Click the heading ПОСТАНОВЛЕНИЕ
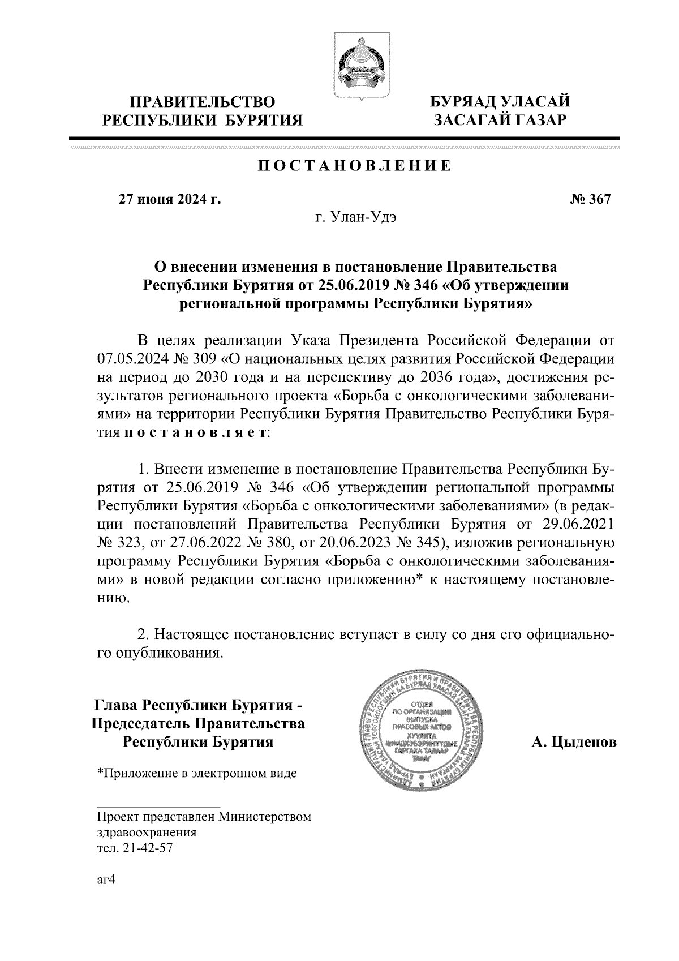355,166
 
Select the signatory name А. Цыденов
574,742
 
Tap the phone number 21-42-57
144,849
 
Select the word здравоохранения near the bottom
147,833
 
